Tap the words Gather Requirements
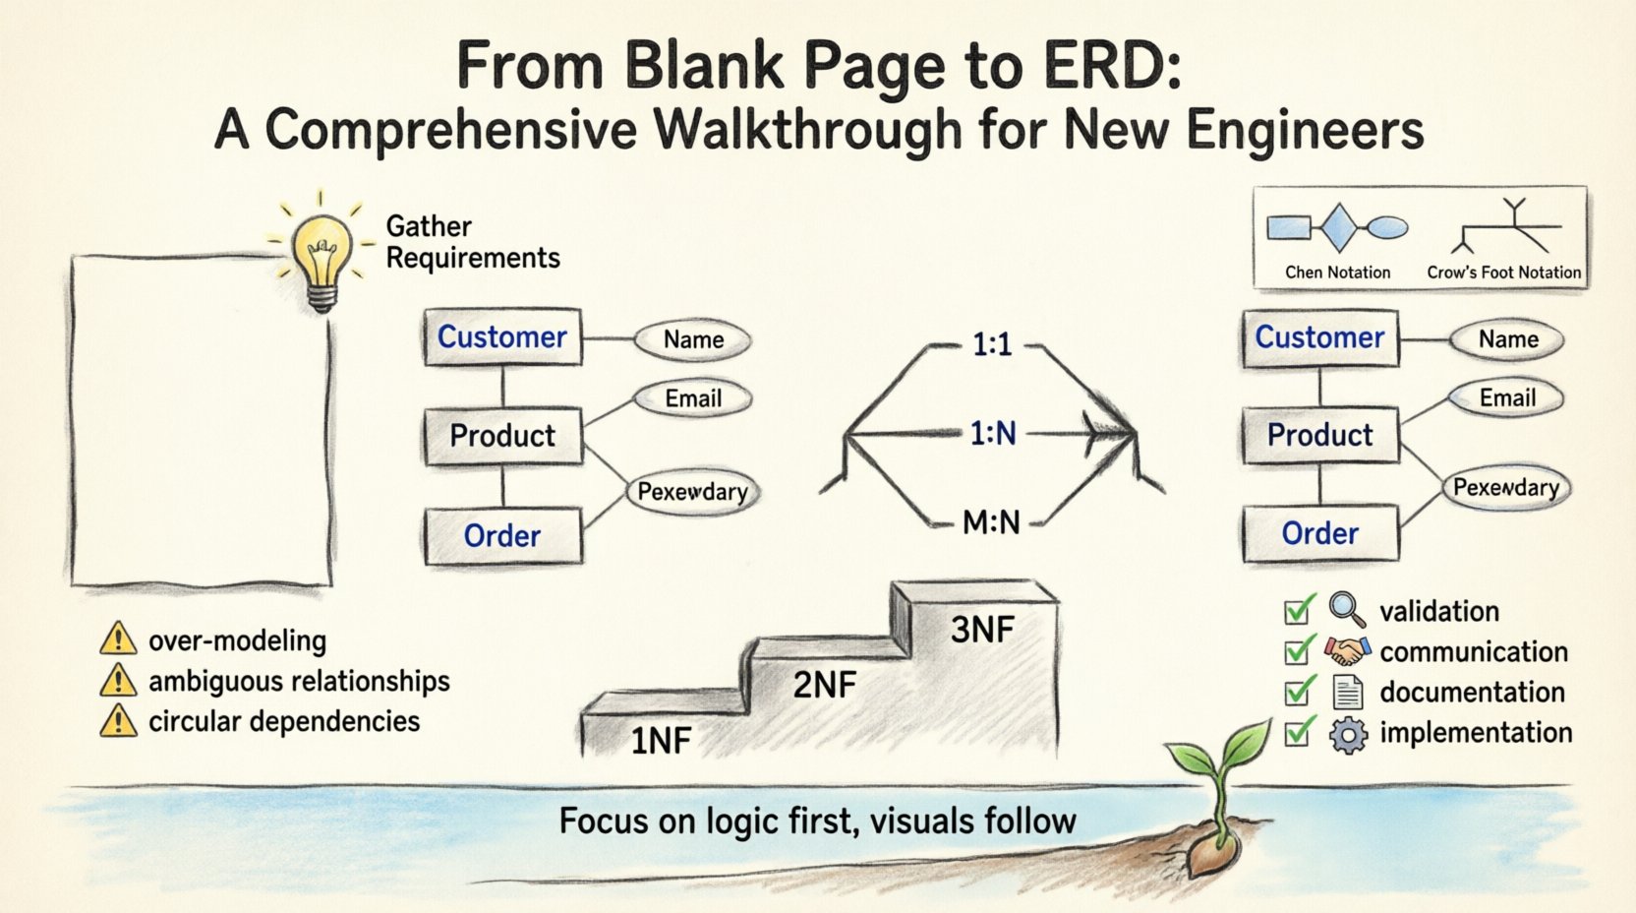tap(472, 242)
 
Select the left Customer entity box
tap(502, 337)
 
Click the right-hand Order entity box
tap(1319, 533)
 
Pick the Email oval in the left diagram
tap(693, 398)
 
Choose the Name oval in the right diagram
tap(1507, 339)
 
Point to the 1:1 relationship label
tap(991, 345)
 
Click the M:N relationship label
tap(991, 522)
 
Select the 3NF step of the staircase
tap(981, 629)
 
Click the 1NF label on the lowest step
tap(661, 740)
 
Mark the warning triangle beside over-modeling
tap(118, 639)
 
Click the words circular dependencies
tap(284, 721)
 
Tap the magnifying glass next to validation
tap(1347, 610)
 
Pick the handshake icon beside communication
tap(1347, 650)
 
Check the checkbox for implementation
tap(1298, 733)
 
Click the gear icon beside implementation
tap(1348, 735)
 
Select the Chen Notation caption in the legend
tap(1337, 273)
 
